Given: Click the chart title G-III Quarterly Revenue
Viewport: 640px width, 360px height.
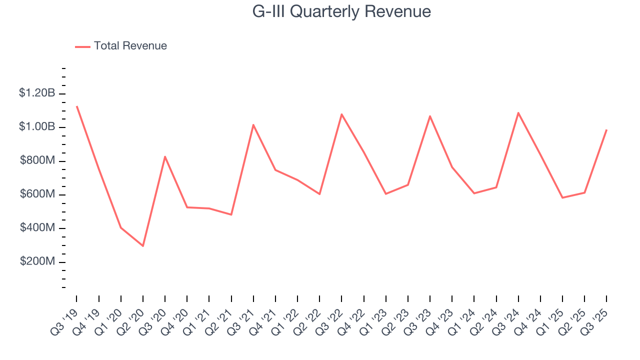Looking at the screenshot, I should point(341,11).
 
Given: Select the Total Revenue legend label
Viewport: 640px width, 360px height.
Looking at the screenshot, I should point(130,46).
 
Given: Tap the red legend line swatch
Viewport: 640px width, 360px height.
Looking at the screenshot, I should point(82,46).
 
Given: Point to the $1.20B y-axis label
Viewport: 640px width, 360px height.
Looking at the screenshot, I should point(37,93).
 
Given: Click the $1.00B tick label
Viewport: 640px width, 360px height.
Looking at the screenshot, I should point(37,127).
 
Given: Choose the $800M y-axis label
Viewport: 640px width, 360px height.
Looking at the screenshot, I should point(37,160).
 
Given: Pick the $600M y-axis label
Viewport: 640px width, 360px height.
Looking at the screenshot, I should point(37,194).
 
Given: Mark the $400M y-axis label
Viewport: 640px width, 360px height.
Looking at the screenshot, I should point(37,228).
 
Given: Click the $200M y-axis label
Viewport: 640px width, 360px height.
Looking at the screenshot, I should point(37,262).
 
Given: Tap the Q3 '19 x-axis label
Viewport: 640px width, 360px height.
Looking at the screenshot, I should point(66,318).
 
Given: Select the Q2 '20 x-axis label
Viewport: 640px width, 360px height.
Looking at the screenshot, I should point(132,318).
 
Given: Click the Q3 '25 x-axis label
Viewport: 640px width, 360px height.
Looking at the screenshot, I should point(596,318).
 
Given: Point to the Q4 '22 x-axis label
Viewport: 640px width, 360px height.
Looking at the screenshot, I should point(353,318).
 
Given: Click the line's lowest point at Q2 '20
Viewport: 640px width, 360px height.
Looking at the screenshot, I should point(143,246).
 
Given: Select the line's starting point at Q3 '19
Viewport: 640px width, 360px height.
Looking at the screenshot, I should point(76,106).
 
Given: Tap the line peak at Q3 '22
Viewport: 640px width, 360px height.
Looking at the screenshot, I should point(341,114).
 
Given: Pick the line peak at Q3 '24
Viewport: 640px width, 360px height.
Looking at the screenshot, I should point(518,112).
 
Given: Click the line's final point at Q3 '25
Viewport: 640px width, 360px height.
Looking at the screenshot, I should point(606,130).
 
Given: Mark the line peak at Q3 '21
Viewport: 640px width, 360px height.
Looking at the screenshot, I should point(253,124).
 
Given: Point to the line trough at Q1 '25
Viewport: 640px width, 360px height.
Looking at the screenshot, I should point(562,198).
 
